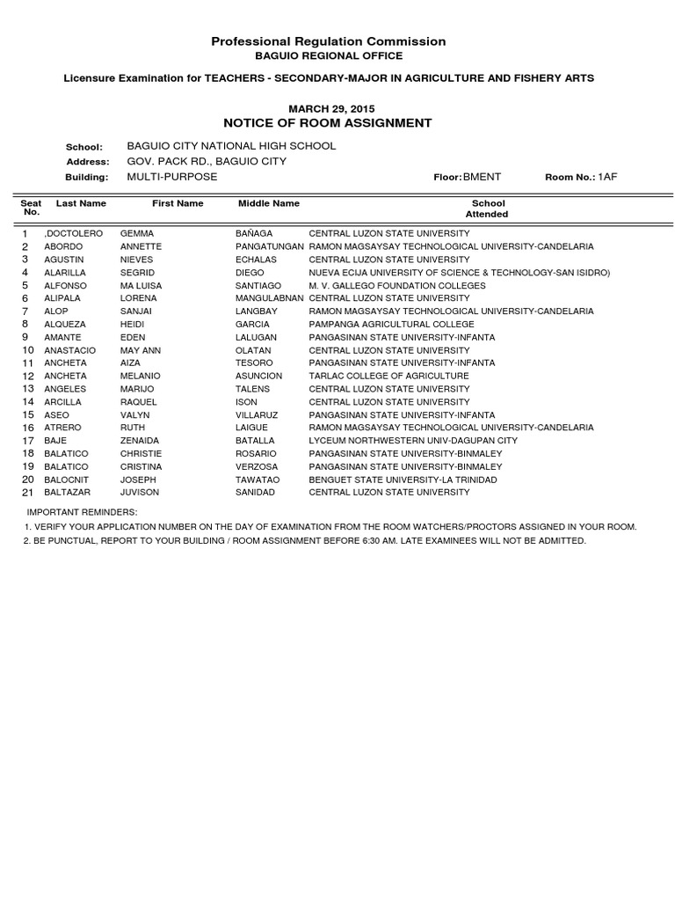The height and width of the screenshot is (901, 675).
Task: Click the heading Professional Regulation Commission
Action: pos(329,41)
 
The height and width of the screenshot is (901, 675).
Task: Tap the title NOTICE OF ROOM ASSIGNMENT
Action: pos(328,123)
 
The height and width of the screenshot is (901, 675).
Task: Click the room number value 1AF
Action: pos(608,177)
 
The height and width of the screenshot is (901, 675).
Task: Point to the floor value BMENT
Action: pos(482,177)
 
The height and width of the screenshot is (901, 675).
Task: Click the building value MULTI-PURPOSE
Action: pos(171,177)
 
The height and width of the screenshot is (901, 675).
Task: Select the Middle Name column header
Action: pos(269,203)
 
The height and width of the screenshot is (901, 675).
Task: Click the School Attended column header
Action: pos(487,209)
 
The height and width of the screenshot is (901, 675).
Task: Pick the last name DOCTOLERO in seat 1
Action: pos(73,234)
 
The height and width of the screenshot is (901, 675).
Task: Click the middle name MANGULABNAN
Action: pos(270,298)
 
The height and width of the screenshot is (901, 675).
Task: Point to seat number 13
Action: pos(27,389)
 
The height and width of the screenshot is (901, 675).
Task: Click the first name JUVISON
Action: pos(139,493)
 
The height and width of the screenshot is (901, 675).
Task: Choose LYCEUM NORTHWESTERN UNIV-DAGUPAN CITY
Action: pos(412,441)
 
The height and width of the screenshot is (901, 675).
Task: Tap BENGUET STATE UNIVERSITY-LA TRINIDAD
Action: pos(403,480)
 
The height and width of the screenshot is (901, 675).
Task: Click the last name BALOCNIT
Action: pos(66,480)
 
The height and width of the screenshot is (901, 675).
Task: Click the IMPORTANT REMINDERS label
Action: pos(82,511)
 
